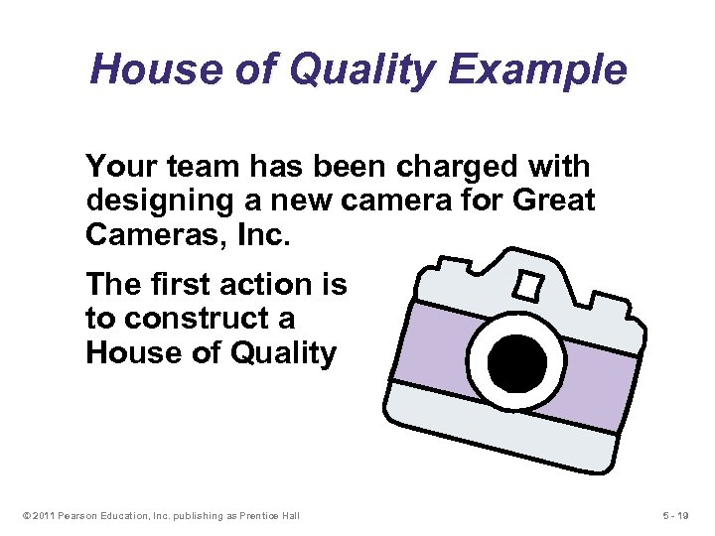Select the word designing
160,201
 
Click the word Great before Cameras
553,201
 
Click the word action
265,285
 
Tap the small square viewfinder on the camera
525,286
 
